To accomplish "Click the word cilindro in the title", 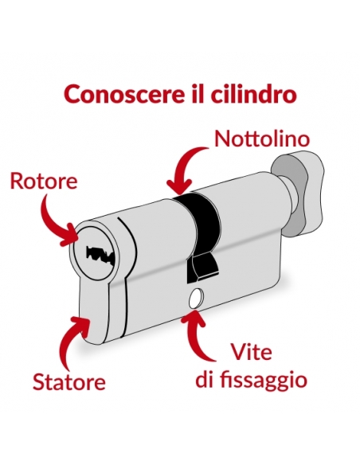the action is [x=253, y=94].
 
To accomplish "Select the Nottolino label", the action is [x=262, y=139].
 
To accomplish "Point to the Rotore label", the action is [x=44, y=182].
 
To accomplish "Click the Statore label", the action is [x=69, y=381].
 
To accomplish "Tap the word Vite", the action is [x=251, y=352].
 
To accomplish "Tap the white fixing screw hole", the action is [x=195, y=298].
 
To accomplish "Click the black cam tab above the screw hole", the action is [x=202, y=266].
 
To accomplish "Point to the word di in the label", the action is [x=205, y=379].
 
